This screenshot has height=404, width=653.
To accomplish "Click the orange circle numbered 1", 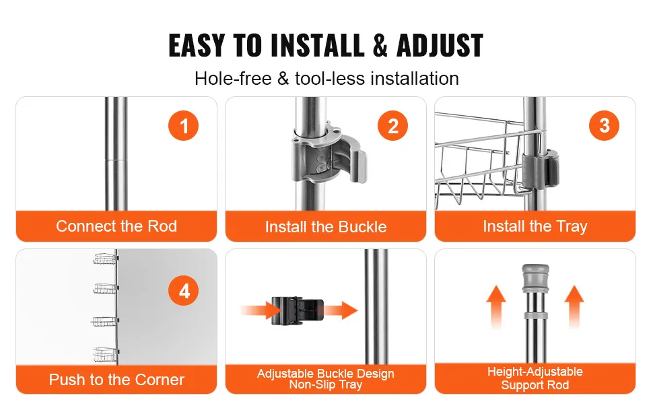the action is pyautogui.click(x=184, y=125).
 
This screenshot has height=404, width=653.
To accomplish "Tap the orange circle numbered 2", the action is pyautogui.click(x=392, y=125).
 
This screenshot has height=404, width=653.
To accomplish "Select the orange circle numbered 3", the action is pyautogui.click(x=604, y=125).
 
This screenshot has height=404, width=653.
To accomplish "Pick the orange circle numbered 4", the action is pyautogui.click(x=184, y=291).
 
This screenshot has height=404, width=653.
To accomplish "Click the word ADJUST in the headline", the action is pyautogui.click(x=440, y=45).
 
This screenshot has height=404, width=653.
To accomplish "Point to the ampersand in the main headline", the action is pyautogui.click(x=380, y=45).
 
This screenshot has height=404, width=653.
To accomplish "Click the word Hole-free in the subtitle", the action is pyautogui.click(x=233, y=78).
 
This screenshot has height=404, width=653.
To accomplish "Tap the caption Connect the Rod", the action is pyautogui.click(x=116, y=226).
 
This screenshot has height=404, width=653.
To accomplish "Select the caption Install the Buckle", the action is pyautogui.click(x=326, y=227).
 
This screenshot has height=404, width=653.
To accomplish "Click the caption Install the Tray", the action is pyautogui.click(x=535, y=226).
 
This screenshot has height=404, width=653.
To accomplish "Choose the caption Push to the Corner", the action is pyautogui.click(x=116, y=380).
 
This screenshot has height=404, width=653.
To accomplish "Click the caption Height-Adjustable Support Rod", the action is pyautogui.click(x=535, y=378).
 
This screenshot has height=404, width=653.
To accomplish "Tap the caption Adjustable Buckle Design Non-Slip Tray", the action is pyautogui.click(x=326, y=378).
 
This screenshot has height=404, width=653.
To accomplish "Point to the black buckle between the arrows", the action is pyautogui.click(x=298, y=310).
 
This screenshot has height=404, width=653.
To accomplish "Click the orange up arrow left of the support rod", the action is pyautogui.click(x=496, y=306).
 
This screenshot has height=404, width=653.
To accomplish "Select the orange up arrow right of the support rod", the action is pyautogui.click(x=574, y=306).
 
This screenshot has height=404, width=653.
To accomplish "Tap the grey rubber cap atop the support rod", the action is pyautogui.click(x=536, y=278).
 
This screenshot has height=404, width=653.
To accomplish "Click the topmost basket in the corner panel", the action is pyautogui.click(x=105, y=259).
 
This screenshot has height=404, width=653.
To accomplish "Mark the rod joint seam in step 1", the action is pyautogui.click(x=116, y=159).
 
